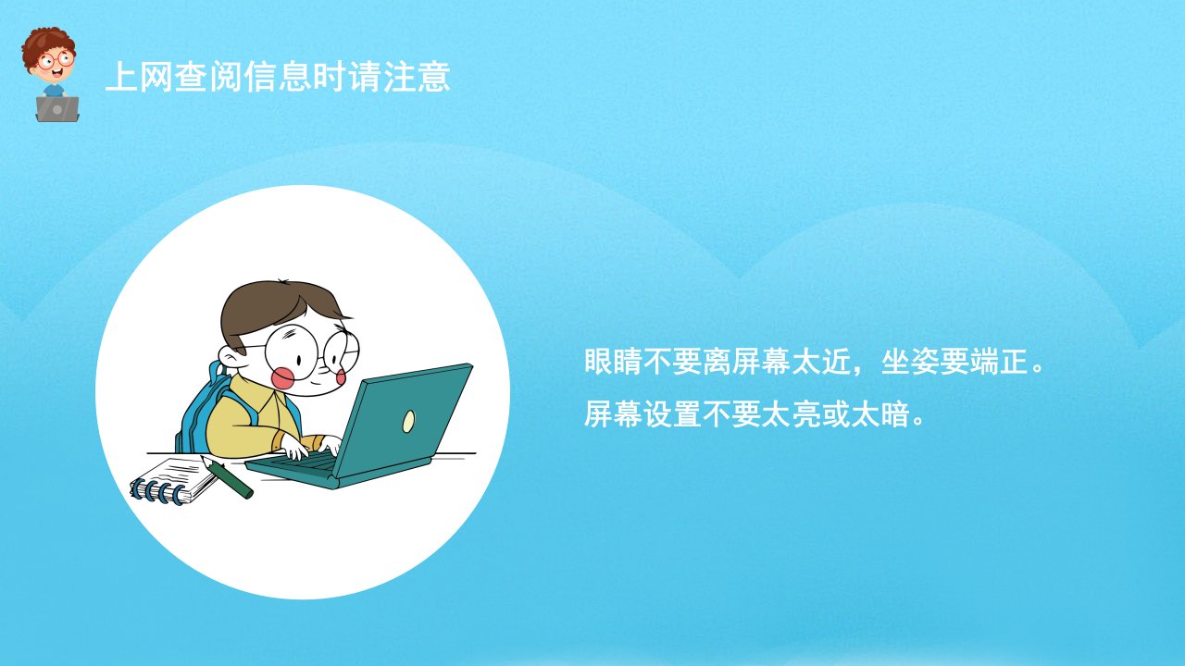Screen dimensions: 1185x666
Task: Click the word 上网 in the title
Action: click(x=139, y=77)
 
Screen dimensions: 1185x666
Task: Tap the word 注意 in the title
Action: click(x=417, y=77)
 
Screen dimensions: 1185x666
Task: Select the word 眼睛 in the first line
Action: click(x=614, y=362)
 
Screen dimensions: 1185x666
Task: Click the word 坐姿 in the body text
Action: click(x=910, y=362)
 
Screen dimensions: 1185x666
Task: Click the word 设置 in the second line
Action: click(x=673, y=413)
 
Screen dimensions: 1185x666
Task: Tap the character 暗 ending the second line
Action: click(x=895, y=413)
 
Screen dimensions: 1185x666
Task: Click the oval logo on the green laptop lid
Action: click(x=408, y=421)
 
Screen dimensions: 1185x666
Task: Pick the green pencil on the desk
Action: click(x=227, y=477)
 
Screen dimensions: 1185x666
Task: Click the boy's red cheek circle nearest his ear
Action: click(x=282, y=378)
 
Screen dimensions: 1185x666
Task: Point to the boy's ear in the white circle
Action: click(x=231, y=358)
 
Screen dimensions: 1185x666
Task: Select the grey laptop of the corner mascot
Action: click(x=57, y=109)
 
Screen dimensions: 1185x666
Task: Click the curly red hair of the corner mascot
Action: click(x=47, y=43)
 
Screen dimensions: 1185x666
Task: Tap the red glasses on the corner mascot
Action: click(x=56, y=59)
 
